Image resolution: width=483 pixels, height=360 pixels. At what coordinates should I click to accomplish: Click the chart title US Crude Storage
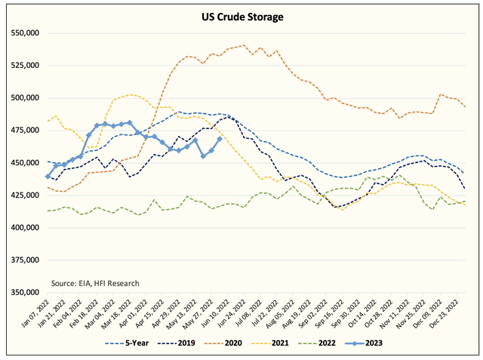(x=241, y=15)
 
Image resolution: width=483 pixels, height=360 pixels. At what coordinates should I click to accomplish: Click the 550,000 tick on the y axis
(x=23, y=33)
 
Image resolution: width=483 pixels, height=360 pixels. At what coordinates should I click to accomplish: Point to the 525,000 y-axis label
(x=23, y=66)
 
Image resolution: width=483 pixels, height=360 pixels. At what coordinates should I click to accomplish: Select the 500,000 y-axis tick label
(x=23, y=98)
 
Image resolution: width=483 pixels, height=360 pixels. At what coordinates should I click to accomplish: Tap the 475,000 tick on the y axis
(x=23, y=131)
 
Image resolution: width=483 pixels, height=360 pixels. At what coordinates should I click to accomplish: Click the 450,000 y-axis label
(x=23, y=163)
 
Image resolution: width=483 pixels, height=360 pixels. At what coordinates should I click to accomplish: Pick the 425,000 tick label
(x=23, y=195)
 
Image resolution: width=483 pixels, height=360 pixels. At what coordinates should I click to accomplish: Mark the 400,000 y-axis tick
(x=23, y=228)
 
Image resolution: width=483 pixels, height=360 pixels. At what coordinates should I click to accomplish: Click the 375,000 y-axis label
(x=23, y=260)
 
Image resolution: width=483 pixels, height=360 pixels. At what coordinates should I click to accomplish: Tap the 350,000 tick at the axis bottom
(x=23, y=293)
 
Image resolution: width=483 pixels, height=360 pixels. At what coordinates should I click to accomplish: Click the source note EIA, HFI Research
(x=95, y=283)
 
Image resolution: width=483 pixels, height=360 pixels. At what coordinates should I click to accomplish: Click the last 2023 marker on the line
(x=220, y=139)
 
